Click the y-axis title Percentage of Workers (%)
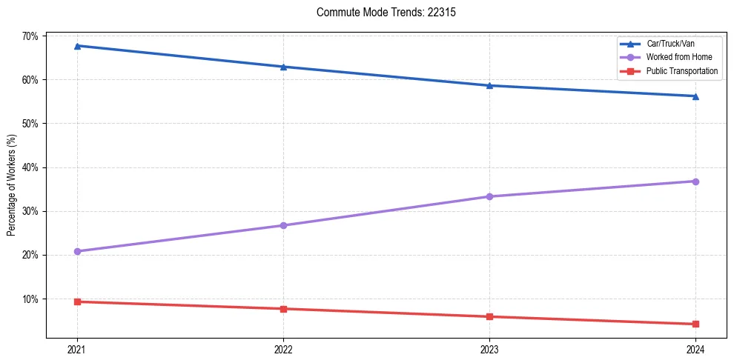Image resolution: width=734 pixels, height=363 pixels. coord(11,185)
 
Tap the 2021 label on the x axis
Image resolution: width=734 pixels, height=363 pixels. coord(77,349)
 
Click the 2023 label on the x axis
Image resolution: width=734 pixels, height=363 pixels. coord(489,349)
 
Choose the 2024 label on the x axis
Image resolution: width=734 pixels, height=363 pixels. coord(695,349)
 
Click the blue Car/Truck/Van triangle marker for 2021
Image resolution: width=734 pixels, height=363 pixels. coord(77,46)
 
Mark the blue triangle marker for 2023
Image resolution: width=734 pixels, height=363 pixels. coord(489,85)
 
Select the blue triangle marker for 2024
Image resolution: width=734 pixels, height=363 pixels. coord(695,96)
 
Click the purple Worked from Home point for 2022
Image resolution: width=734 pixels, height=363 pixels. coord(283,225)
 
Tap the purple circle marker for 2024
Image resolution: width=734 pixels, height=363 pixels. coord(695,181)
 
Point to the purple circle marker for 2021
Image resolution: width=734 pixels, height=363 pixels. coord(77,251)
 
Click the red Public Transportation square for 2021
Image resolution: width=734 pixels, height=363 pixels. coord(77,302)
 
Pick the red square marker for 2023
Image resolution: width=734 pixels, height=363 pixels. coord(489,316)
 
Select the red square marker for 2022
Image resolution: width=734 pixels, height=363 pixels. coord(283,309)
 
